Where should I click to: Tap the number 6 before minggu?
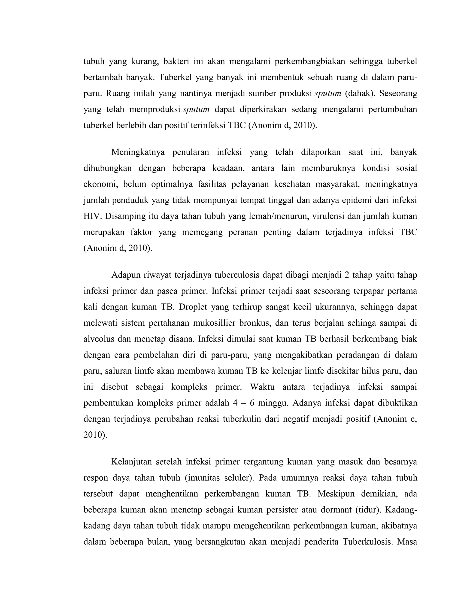click(x=252, y=403)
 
